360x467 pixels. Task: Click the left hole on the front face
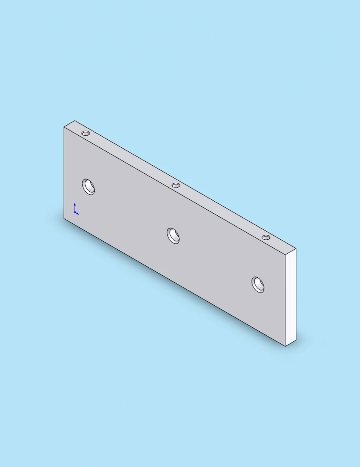pyautogui.click(x=89, y=186)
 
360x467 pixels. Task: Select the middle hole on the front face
pyautogui.click(x=173, y=235)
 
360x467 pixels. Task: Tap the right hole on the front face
pyautogui.click(x=258, y=284)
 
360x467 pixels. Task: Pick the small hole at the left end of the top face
pyautogui.click(x=86, y=133)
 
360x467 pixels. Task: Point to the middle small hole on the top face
pyautogui.click(x=176, y=185)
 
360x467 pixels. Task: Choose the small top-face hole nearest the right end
pyautogui.click(x=266, y=238)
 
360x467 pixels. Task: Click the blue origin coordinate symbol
pyautogui.click(x=75, y=210)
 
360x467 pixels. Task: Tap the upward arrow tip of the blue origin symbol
pyautogui.click(x=75, y=204)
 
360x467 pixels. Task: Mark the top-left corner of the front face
pyautogui.click(x=64, y=127)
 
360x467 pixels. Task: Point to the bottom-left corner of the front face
pyautogui.click(x=64, y=218)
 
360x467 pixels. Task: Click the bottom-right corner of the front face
pyautogui.click(x=285, y=346)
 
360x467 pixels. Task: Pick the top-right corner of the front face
pyautogui.click(x=285, y=255)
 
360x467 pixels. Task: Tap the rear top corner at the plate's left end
pyautogui.click(x=75, y=120)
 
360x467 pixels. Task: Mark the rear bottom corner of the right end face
pyautogui.click(x=296, y=340)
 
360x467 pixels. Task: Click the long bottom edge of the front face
pyautogui.click(x=174, y=283)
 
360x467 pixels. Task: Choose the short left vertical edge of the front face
pyautogui.click(x=64, y=172)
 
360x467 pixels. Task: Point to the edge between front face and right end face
pyautogui.click(x=285, y=300)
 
